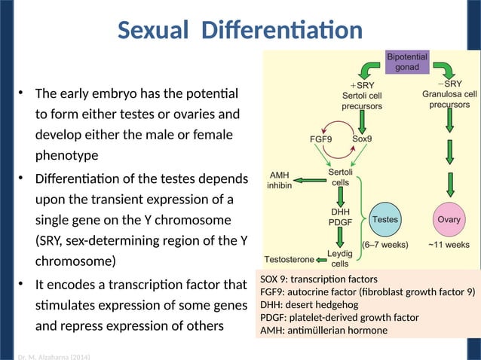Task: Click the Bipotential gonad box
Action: point(408,62)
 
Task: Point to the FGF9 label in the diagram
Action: point(323,139)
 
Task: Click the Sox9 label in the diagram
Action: point(366,139)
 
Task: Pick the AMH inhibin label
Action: point(280,180)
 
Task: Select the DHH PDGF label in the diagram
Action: point(340,217)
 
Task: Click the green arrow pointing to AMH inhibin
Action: point(309,180)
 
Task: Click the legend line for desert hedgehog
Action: point(309,305)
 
